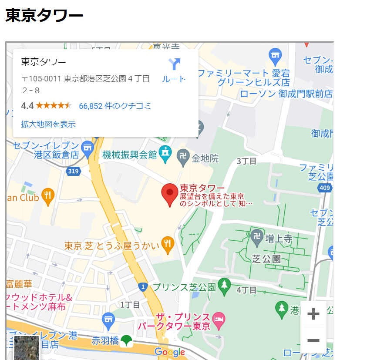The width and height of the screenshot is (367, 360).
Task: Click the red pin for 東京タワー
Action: tap(170, 194)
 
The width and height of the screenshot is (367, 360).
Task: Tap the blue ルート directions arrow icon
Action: tap(174, 65)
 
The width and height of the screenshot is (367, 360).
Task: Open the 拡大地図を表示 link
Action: tap(48, 124)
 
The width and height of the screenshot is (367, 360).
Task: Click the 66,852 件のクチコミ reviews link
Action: tap(115, 106)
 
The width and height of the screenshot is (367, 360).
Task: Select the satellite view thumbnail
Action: tap(27, 348)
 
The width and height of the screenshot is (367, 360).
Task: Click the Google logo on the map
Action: tap(170, 352)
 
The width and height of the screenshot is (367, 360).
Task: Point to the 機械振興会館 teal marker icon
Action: tap(165, 154)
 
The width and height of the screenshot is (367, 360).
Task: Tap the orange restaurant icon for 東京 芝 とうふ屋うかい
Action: tap(168, 245)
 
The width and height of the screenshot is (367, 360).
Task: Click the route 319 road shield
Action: tap(74, 171)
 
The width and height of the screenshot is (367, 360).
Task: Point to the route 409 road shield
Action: tap(325, 188)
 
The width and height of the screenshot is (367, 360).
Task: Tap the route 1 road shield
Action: tap(143, 286)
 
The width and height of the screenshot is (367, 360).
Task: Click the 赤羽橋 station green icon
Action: tap(126, 341)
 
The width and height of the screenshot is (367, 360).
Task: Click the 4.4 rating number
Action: tap(27, 106)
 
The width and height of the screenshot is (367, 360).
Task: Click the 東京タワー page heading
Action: tap(44, 16)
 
